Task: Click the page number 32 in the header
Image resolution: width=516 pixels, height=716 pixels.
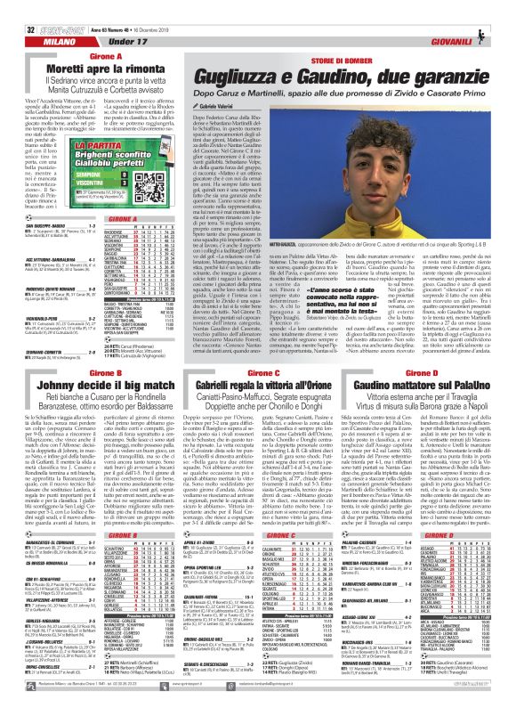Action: click(x=18, y=8)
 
